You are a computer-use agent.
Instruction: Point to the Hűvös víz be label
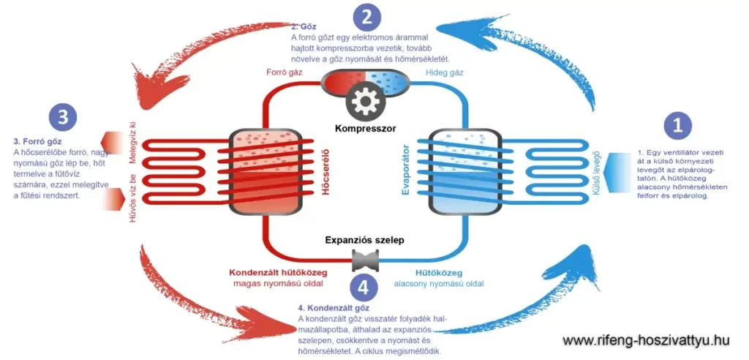[132, 198]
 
